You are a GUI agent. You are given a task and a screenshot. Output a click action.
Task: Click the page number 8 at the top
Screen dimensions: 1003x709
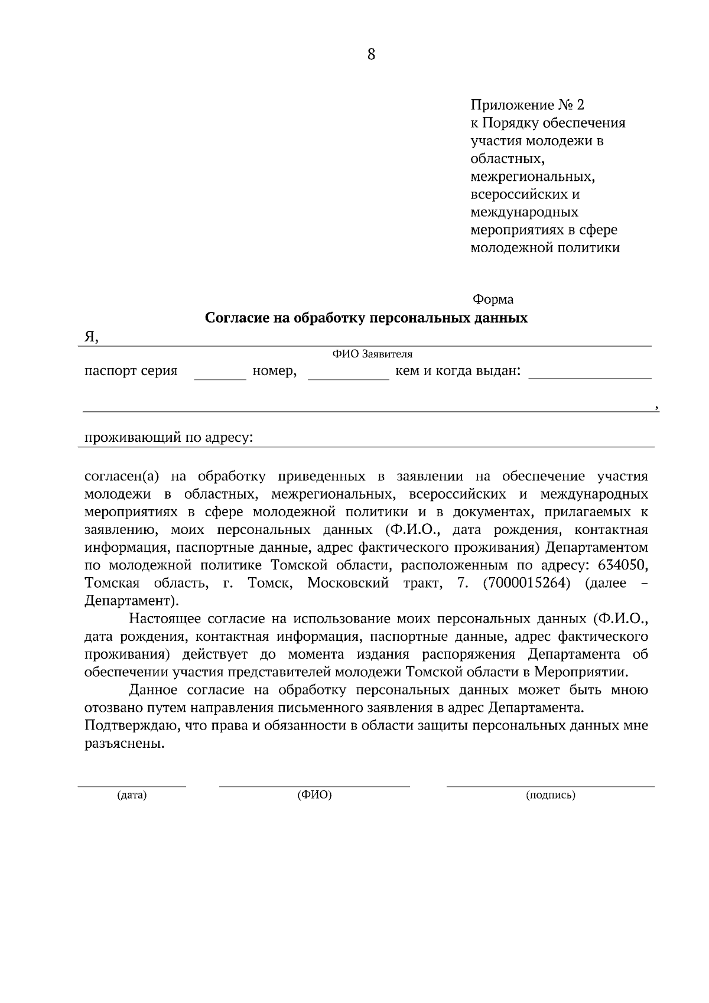click(371, 55)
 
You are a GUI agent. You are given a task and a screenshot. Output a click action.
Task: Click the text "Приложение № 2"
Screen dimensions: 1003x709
click(526, 106)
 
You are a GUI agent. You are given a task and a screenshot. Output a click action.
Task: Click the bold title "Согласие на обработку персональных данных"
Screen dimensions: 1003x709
click(366, 318)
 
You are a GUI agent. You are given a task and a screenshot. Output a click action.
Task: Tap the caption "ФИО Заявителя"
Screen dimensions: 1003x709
click(372, 354)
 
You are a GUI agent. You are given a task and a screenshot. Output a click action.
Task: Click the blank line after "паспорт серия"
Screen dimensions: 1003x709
click(219, 377)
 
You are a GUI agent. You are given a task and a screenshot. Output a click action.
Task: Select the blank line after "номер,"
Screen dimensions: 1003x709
click(348, 377)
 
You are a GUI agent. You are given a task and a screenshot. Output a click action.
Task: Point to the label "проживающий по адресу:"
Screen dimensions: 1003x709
click(168, 438)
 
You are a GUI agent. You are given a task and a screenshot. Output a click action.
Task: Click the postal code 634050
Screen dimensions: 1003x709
click(623, 565)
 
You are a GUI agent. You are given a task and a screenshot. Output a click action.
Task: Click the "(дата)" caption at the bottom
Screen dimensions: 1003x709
click(132, 795)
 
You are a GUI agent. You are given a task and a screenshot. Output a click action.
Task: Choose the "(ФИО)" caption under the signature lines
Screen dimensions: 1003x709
click(314, 795)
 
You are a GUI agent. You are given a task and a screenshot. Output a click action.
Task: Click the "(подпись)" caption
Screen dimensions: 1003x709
click(550, 795)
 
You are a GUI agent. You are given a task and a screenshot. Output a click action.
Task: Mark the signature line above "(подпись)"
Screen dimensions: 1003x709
click(550, 786)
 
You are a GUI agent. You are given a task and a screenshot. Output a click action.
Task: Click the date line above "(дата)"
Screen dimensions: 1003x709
click(132, 786)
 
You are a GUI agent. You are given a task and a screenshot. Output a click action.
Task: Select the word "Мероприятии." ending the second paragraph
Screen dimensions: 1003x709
click(581, 672)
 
